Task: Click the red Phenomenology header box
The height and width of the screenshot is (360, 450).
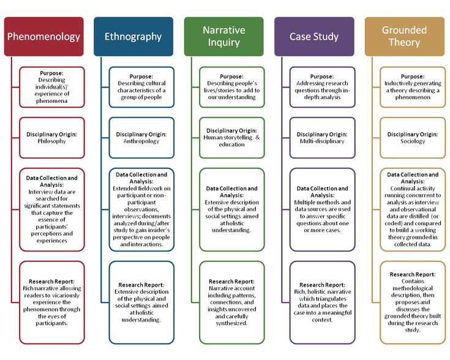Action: pyautogui.click(x=44, y=37)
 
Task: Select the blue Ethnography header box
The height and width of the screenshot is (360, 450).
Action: pyautogui.click(x=133, y=37)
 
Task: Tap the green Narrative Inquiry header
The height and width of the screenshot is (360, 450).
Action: pyautogui.click(x=224, y=37)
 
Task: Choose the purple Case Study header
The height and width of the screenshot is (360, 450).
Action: pyautogui.click(x=314, y=37)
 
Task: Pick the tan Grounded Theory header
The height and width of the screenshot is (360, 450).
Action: pyautogui.click(x=405, y=37)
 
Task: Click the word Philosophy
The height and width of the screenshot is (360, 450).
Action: pyautogui.click(x=51, y=141)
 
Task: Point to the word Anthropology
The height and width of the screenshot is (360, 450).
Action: pyautogui.click(x=141, y=141)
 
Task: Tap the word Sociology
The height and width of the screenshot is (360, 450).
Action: pyautogui.click(x=413, y=141)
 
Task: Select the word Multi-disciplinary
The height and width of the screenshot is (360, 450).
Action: pyautogui.click(x=322, y=141)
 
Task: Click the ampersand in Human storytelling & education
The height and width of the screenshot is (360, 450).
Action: pyautogui.click(x=257, y=137)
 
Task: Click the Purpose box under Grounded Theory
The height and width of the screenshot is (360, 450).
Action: pyautogui.click(x=413, y=87)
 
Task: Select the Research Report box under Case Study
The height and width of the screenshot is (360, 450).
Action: pyautogui.click(x=322, y=302)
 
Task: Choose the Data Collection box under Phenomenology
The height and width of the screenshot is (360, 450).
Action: pyautogui.click(x=52, y=209)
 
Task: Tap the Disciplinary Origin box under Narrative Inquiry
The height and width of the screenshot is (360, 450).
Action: pyautogui.click(x=232, y=138)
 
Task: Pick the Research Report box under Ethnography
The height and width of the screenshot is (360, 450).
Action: pyautogui.click(x=141, y=302)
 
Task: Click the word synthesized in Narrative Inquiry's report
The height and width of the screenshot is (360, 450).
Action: pyautogui.click(x=231, y=323)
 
